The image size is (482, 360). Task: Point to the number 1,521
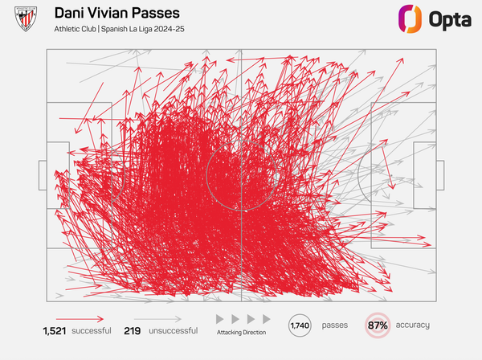pos(57,330)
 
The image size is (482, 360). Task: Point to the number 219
pos(133,330)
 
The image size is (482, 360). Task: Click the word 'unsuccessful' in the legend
pos(170,330)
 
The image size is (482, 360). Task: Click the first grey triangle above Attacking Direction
pos(221,319)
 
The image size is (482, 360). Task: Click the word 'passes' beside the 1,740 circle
pos(335,325)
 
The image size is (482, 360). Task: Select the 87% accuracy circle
pos(378,325)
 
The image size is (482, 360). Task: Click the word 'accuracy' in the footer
pos(412,325)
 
